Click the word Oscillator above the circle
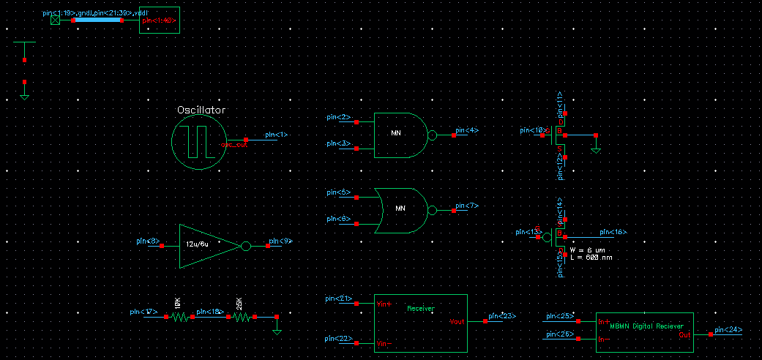pos(201,110)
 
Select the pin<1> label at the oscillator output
pos(276,135)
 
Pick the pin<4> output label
pos(466,130)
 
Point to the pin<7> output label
pos(466,206)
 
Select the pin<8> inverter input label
pos(148,241)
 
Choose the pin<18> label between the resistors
pos(209,311)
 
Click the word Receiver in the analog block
pos(420,309)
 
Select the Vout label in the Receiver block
pos(457,321)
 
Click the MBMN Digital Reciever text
pos(646,327)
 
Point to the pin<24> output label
pos(728,330)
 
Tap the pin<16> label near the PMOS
pos(613,232)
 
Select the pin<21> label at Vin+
pos(338,298)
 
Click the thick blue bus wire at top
pos(98,20)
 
